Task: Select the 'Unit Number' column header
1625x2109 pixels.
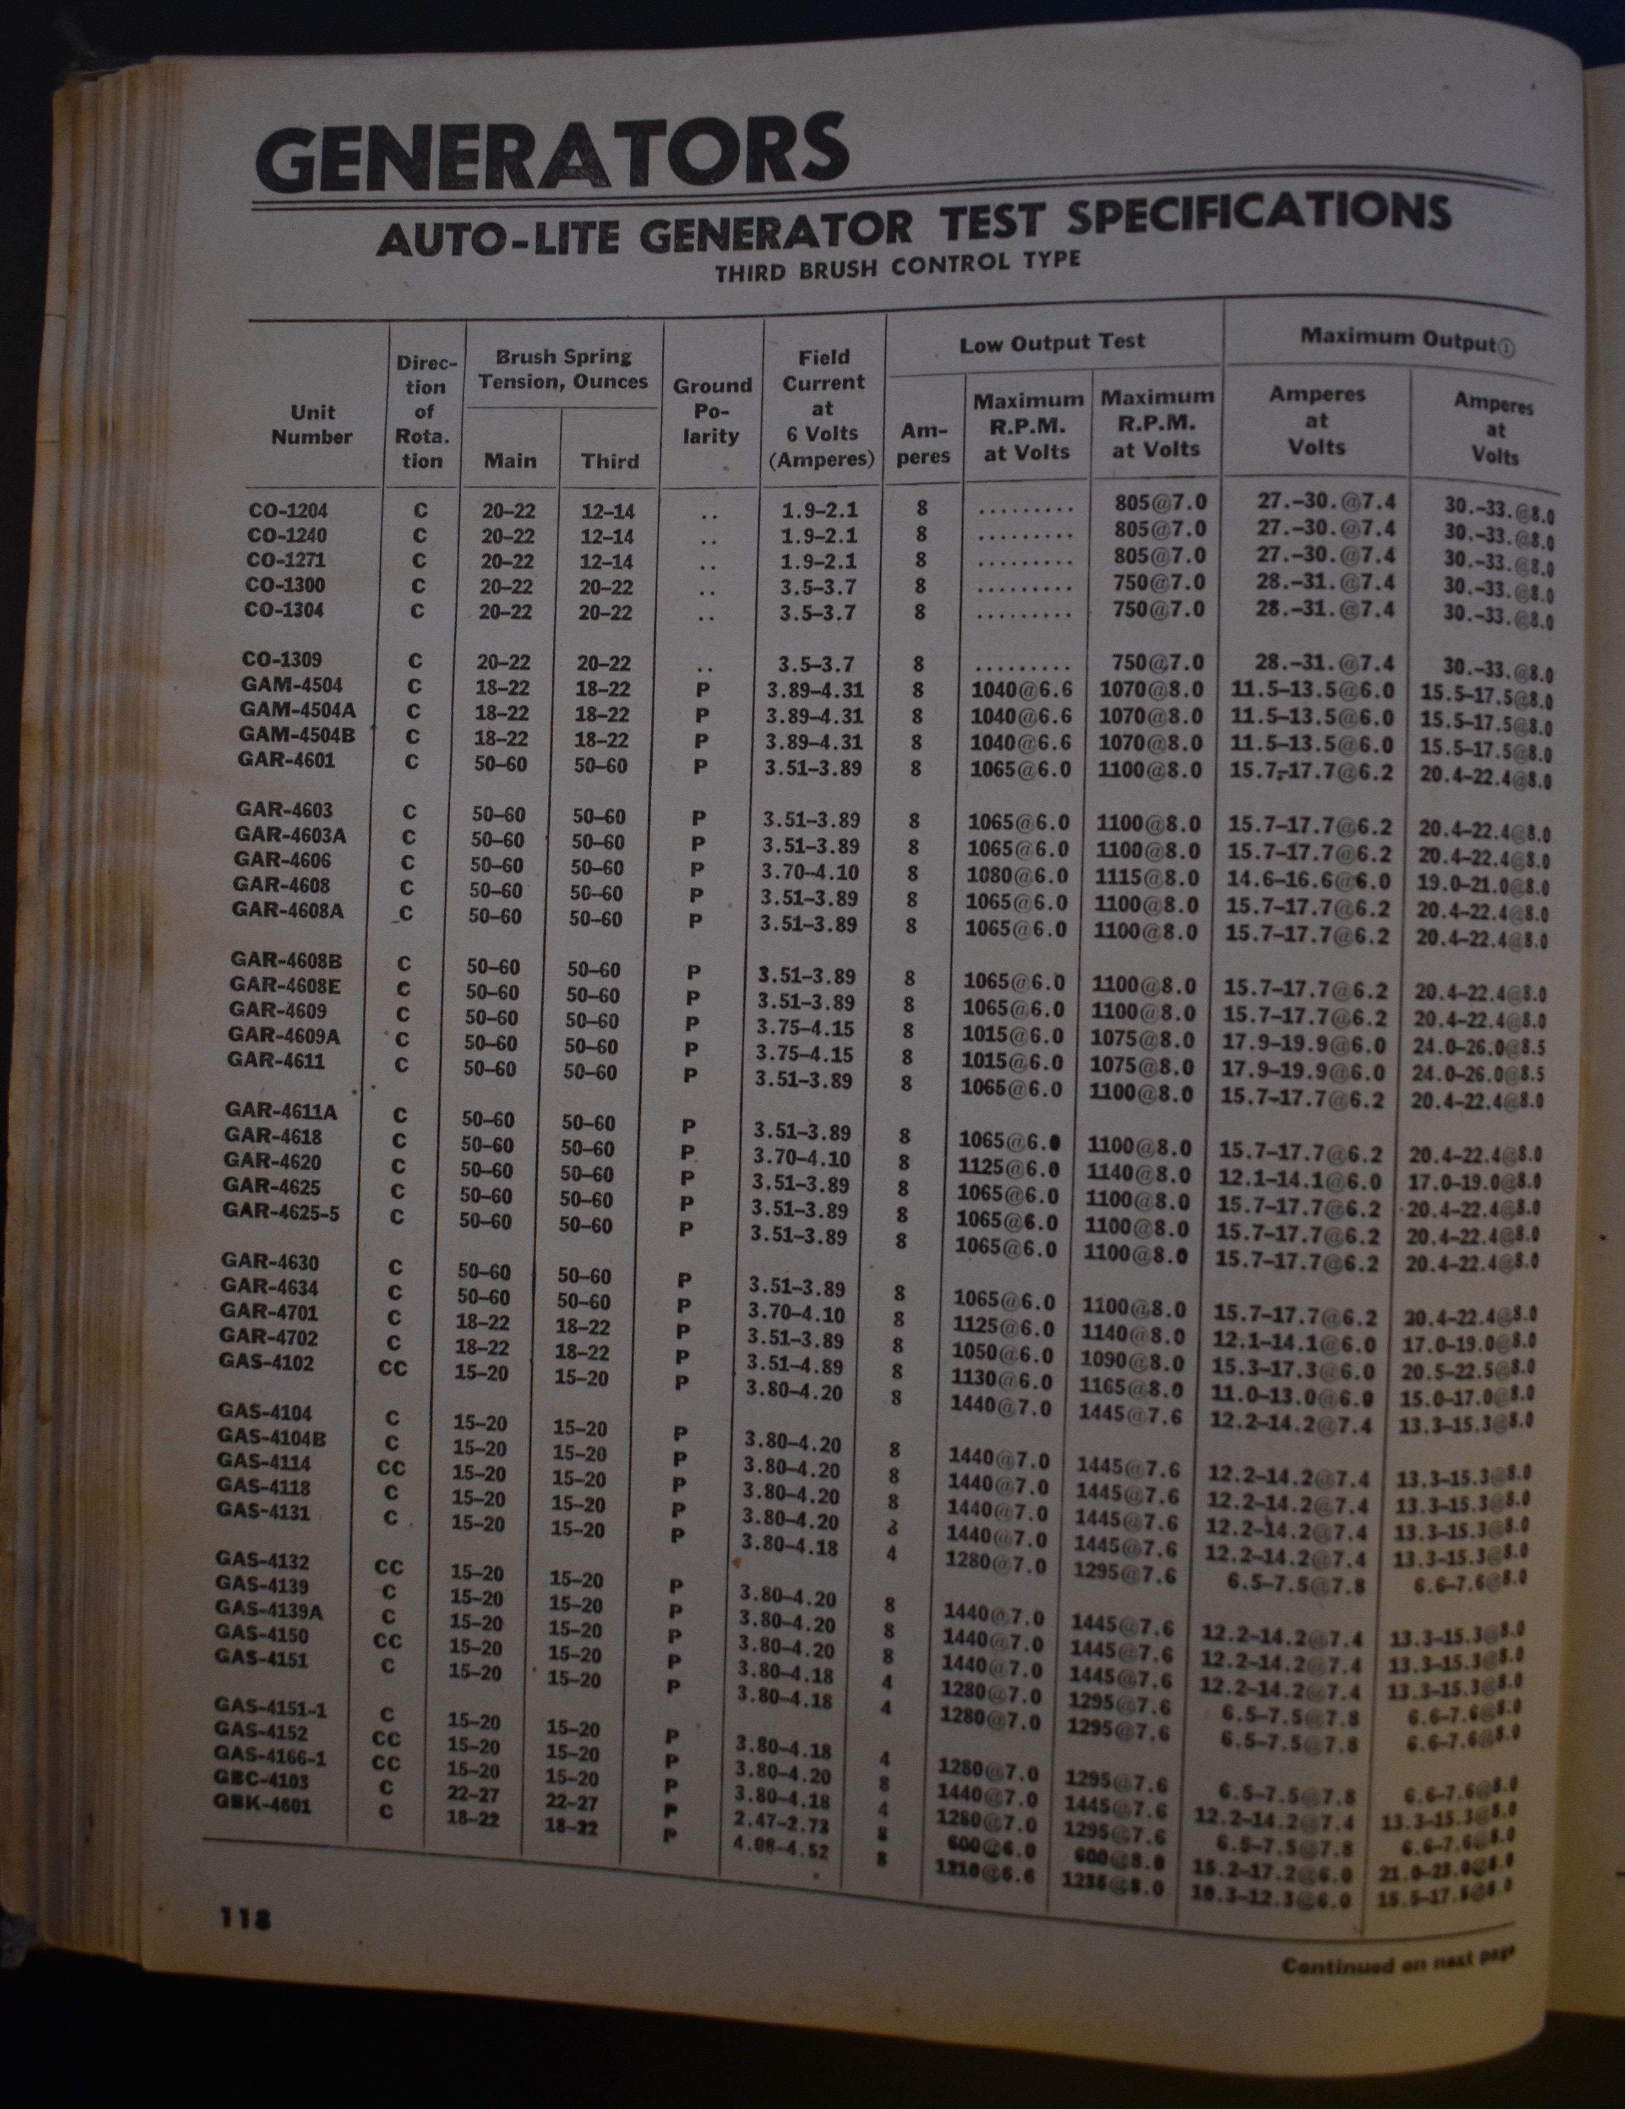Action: point(312,425)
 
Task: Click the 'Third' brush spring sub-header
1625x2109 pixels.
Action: point(609,461)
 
